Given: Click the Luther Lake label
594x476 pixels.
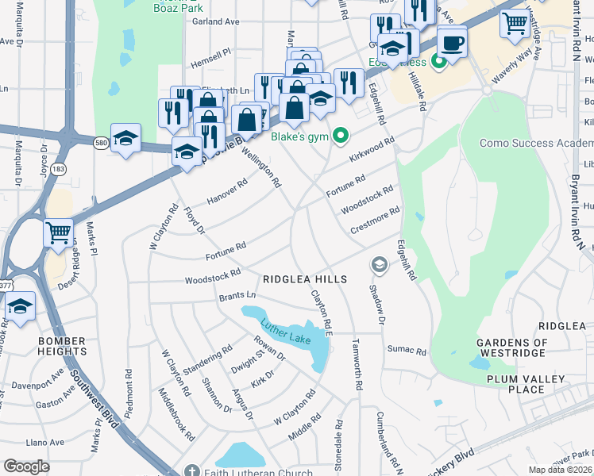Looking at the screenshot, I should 287,330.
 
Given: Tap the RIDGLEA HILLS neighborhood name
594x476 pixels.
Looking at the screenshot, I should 306,279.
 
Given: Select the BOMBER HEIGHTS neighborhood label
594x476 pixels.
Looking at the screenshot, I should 61,346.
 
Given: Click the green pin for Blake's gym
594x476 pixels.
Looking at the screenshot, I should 341,136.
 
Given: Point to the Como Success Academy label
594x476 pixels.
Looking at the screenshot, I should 536,144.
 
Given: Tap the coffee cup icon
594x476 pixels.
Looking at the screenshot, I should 453,43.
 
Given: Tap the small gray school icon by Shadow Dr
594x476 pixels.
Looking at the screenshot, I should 379,263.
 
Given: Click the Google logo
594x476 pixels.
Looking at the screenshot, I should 26,466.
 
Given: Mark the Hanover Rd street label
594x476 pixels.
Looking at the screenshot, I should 227,192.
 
